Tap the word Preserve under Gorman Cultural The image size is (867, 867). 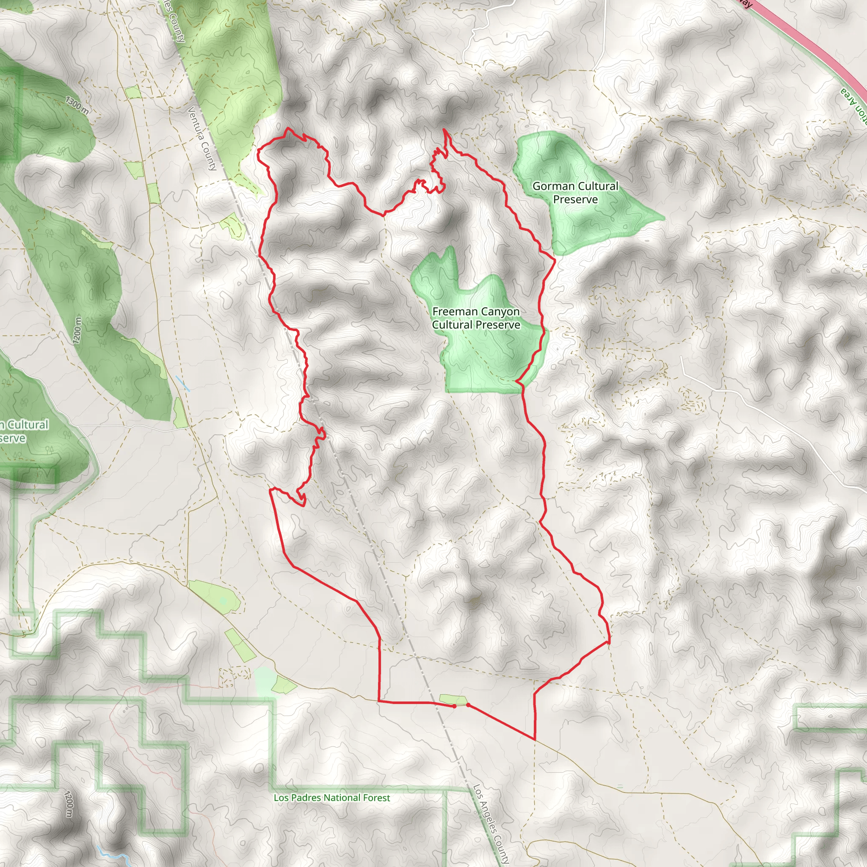click(x=575, y=200)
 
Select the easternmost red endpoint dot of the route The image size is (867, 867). click(x=468, y=704)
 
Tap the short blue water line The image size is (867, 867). click(x=182, y=384)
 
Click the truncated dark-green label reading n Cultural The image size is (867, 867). click(x=25, y=425)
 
